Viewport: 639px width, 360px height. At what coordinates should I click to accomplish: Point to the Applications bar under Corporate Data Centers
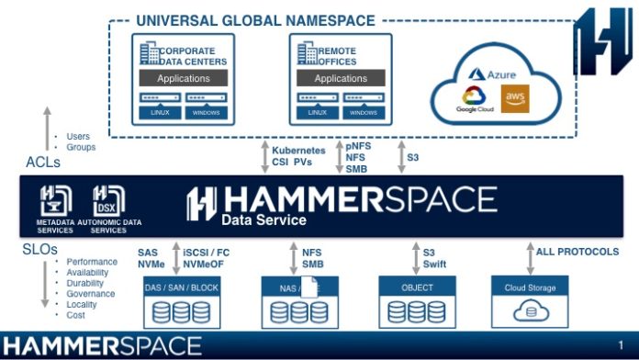coord(184,79)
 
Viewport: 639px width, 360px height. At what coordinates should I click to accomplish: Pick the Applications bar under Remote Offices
coord(341,79)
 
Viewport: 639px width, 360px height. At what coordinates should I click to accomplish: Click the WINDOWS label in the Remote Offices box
coord(364,112)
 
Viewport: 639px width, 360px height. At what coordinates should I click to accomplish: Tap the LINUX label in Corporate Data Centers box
coord(160,112)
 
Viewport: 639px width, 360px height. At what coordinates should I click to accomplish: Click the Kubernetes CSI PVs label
coord(298,156)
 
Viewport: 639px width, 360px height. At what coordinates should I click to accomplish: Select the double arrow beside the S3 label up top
coord(400,156)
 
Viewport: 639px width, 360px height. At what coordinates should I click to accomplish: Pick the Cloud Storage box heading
coord(530,287)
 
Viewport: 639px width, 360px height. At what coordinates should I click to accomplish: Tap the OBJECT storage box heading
coord(418,287)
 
